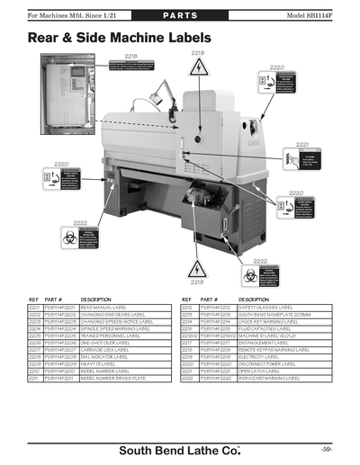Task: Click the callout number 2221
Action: [x=302, y=144]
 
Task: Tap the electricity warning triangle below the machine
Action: [x=198, y=268]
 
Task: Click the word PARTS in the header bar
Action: [x=179, y=16]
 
